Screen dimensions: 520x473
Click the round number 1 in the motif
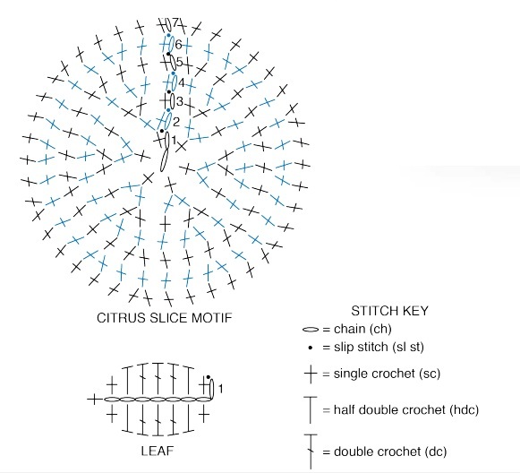(174, 140)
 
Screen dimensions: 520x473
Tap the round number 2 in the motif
(176, 122)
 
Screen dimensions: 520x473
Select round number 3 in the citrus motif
(180, 101)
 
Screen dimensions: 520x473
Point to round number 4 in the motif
(181, 82)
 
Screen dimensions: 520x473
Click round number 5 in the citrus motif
(179, 62)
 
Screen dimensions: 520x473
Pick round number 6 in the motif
(178, 44)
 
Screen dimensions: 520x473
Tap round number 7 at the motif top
(175, 22)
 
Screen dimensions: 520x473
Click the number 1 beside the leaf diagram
(220, 388)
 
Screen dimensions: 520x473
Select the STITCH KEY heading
(389, 311)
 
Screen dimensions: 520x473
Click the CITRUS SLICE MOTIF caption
(165, 318)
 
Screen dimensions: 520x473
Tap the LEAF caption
(158, 451)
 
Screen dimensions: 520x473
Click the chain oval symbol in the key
(311, 330)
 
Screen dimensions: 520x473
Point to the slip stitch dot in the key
(311, 348)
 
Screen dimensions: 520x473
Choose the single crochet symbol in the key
(311, 374)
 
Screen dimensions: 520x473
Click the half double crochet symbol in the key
(311, 409)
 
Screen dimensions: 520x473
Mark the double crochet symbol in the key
(311, 451)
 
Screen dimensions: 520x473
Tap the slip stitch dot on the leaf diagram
(208, 377)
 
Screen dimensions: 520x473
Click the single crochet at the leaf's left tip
(95, 400)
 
